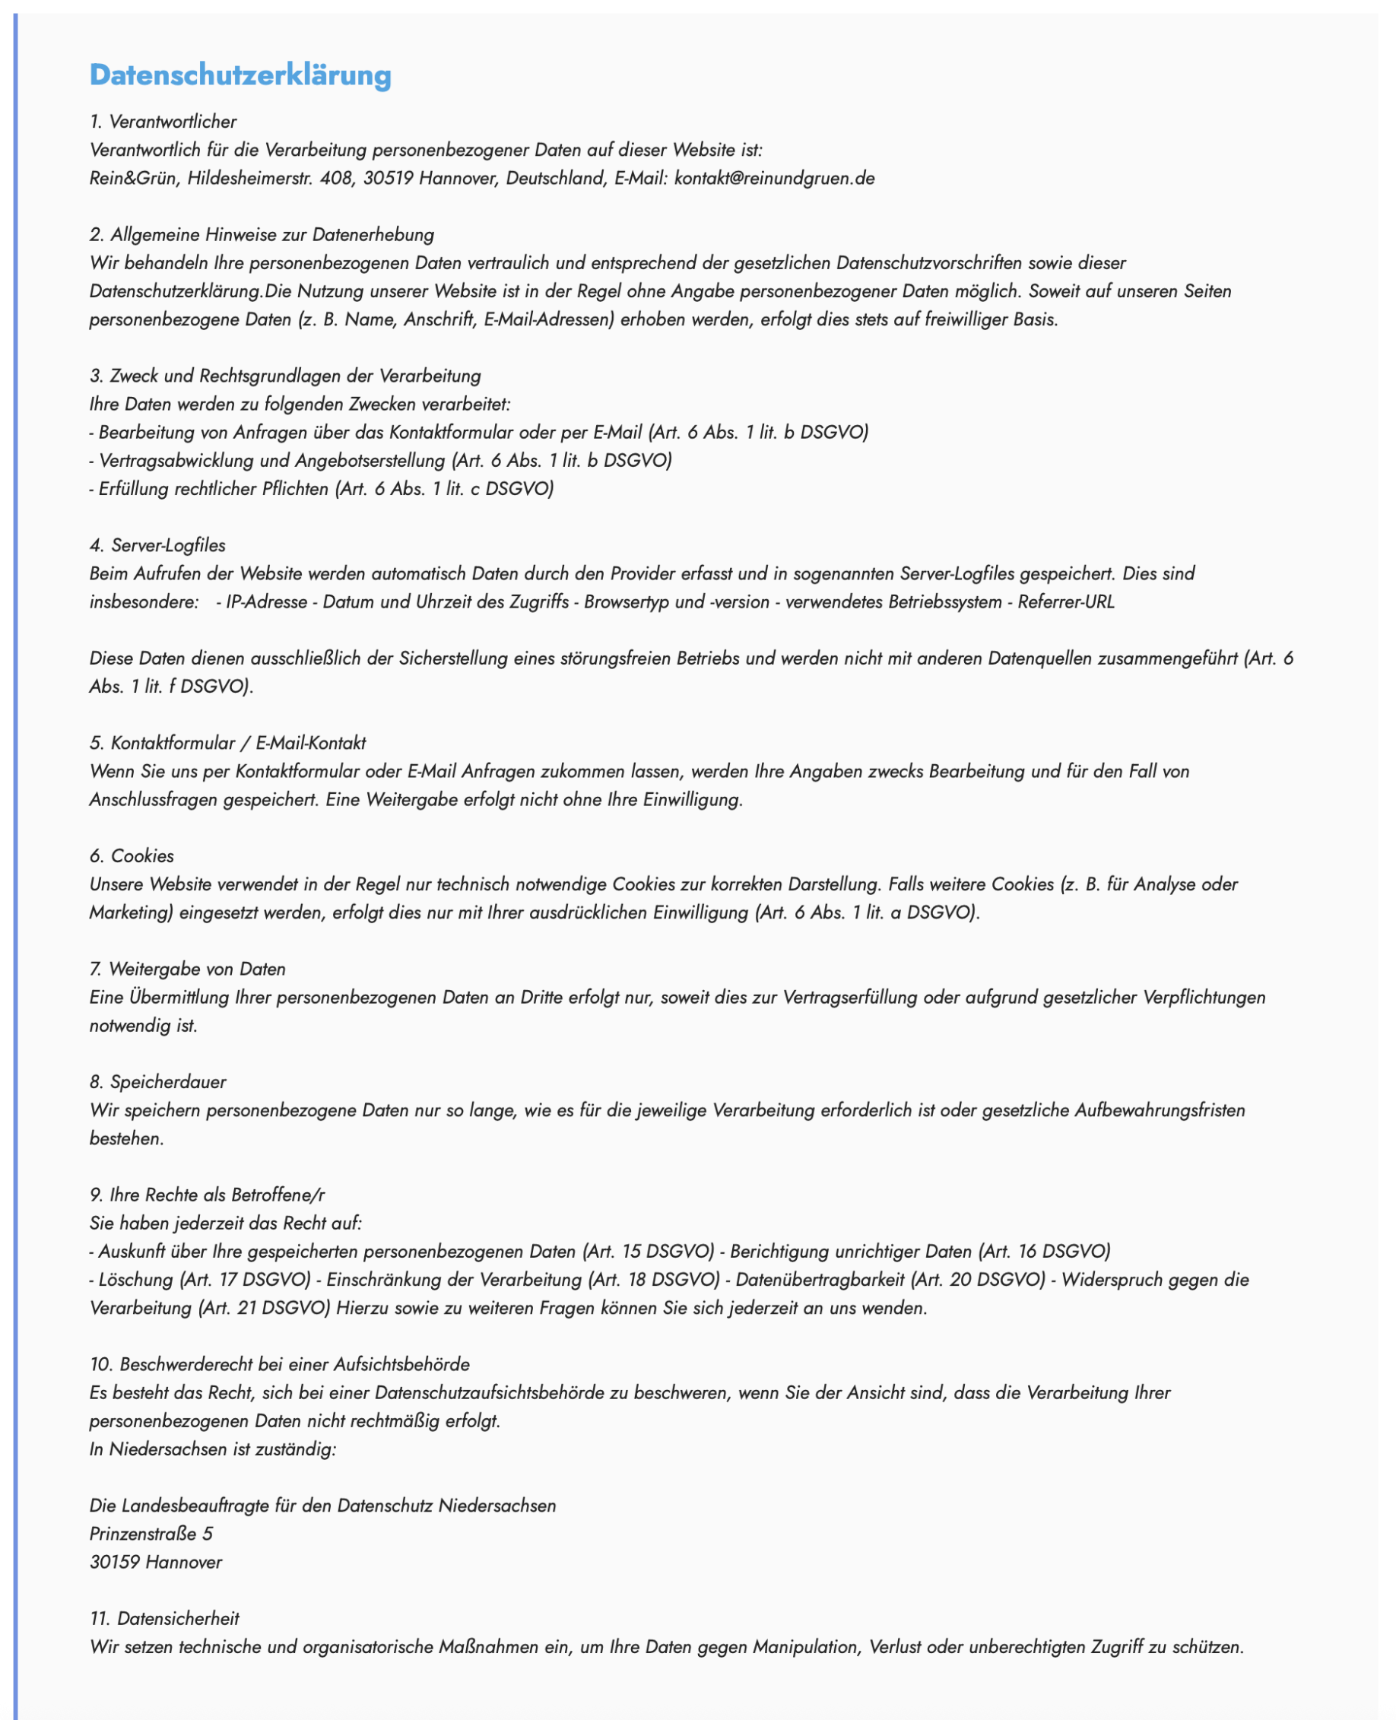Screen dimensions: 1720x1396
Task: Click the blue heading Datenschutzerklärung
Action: click(x=240, y=75)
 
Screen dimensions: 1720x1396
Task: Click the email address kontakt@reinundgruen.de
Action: click(x=773, y=179)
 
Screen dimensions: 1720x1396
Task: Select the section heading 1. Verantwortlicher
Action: click(x=163, y=122)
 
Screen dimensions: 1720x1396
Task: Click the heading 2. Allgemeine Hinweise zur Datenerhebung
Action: click(x=262, y=235)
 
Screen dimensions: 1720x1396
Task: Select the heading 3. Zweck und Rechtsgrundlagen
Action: click(x=284, y=376)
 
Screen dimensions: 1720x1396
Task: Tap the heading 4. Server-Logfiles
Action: click(x=157, y=545)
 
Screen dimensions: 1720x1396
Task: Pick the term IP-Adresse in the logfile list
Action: click(x=266, y=602)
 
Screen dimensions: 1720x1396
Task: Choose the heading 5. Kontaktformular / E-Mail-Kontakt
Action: click(x=227, y=743)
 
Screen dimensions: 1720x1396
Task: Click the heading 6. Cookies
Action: click(x=132, y=855)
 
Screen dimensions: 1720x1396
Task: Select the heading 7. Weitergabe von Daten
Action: click(x=187, y=969)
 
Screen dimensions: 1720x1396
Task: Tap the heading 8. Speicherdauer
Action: click(x=157, y=1081)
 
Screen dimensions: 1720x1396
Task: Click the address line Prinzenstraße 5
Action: click(x=151, y=1534)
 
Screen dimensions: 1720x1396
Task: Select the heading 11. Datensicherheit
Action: click(x=164, y=1618)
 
